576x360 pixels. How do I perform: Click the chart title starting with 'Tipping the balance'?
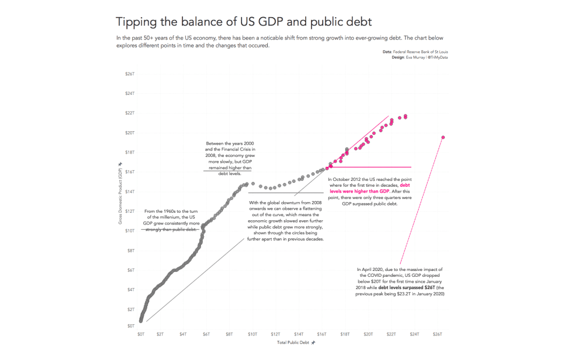point(244,22)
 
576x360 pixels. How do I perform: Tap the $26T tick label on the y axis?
point(130,74)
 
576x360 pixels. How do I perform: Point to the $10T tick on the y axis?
point(130,230)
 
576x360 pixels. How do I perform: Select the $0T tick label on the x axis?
point(141,334)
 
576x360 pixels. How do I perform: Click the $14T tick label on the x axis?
point(299,334)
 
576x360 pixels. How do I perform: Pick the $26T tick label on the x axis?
point(437,334)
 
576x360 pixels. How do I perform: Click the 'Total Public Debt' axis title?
point(293,342)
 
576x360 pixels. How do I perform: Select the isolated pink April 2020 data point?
point(443,138)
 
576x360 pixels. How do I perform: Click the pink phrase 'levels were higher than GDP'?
point(360,191)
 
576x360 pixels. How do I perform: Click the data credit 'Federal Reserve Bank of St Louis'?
point(420,52)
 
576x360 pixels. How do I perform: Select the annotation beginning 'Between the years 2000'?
point(230,158)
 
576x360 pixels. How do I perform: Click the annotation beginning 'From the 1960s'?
point(171,220)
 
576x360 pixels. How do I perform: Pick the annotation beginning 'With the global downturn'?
point(286,221)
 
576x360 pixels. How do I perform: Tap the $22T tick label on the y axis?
point(130,113)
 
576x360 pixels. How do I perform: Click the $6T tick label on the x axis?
point(206,334)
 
